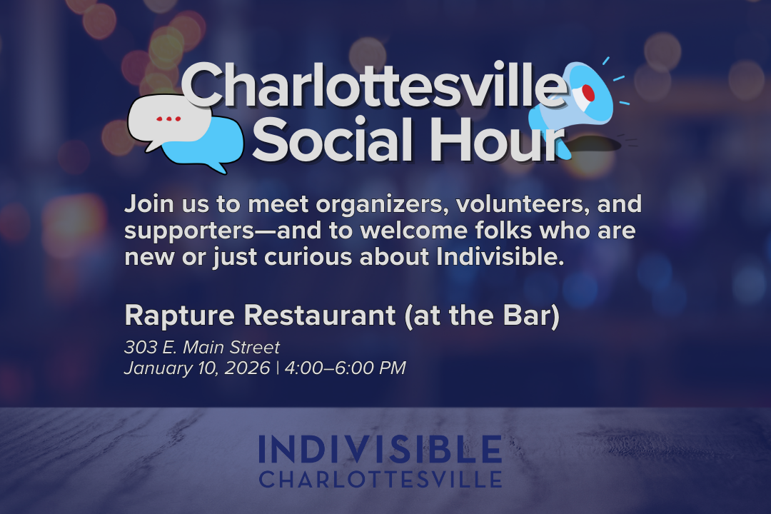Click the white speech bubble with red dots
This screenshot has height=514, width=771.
(168, 121)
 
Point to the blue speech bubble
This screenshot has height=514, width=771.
(207, 146)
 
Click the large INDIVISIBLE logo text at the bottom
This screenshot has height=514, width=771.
(380, 449)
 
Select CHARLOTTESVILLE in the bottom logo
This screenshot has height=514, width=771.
(380, 479)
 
